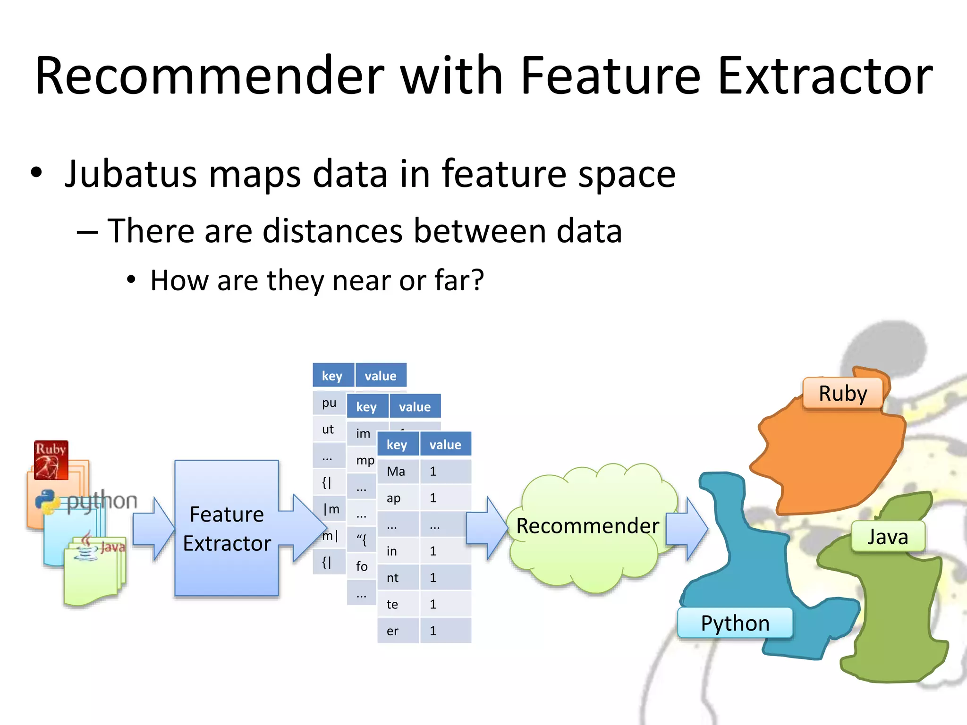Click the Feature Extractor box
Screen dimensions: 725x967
[x=227, y=529]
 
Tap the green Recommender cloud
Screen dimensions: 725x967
[x=588, y=526]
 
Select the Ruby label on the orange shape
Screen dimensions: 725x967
[x=843, y=393]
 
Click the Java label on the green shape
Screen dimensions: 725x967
[x=888, y=537]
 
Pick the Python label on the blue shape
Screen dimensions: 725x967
[x=735, y=623]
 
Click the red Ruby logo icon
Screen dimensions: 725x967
[x=51, y=460]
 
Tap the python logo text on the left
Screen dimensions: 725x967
[x=102, y=500]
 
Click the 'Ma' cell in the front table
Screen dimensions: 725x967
[x=397, y=472]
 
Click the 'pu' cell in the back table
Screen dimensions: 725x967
[x=329, y=403]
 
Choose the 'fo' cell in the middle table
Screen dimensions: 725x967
[x=362, y=566]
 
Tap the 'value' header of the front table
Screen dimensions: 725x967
[x=445, y=445]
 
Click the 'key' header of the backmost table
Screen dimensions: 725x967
[x=332, y=376]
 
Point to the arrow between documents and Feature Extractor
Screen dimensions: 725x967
[x=153, y=529]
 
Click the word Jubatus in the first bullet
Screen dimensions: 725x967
[x=130, y=174]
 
